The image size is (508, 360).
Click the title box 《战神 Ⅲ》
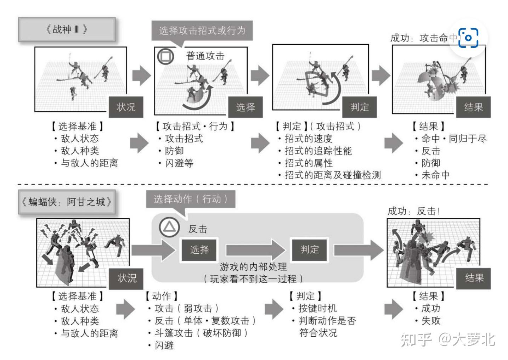coord(67,29)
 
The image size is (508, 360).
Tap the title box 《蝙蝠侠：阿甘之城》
coord(67,202)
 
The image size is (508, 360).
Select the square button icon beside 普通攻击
coord(166,56)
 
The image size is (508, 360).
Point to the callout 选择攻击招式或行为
coord(202,30)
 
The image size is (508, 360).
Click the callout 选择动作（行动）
coord(191,199)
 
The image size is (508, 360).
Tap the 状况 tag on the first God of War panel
coord(126,107)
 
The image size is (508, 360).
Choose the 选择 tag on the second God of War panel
coord(245,107)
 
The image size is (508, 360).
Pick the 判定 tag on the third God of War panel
coord(360,107)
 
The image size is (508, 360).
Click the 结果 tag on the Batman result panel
coord(474,278)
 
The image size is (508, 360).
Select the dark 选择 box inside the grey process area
coord(199,250)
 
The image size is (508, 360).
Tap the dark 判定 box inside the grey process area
coord(310,250)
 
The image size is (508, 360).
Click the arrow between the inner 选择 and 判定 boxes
coord(254,250)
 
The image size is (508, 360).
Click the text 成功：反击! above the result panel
coord(413,211)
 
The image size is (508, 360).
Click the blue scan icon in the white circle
coord(468,38)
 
